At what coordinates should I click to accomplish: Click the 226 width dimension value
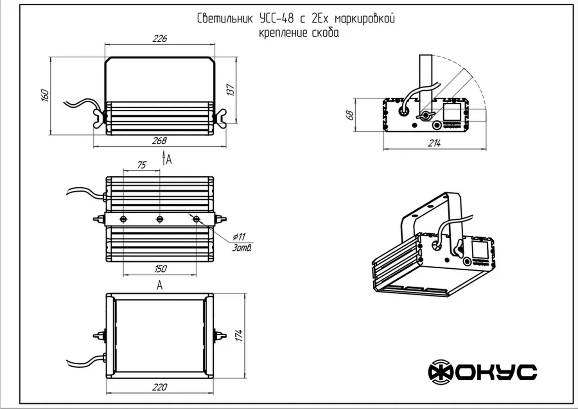point(160,39)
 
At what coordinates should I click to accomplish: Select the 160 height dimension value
point(45,95)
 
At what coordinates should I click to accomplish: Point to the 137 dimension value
point(230,90)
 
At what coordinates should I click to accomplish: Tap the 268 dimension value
point(159,140)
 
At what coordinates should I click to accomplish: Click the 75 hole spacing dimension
point(141,165)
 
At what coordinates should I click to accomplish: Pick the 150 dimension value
point(160,269)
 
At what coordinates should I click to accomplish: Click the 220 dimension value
point(159,387)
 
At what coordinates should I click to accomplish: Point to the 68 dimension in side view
point(349,115)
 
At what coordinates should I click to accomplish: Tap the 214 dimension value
point(434,143)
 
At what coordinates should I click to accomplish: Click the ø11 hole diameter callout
point(239,237)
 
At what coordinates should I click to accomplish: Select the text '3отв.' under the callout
point(242,248)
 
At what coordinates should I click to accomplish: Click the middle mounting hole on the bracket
point(160,219)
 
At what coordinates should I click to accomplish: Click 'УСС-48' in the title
point(277,19)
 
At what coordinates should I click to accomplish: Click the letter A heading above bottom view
point(160,285)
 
